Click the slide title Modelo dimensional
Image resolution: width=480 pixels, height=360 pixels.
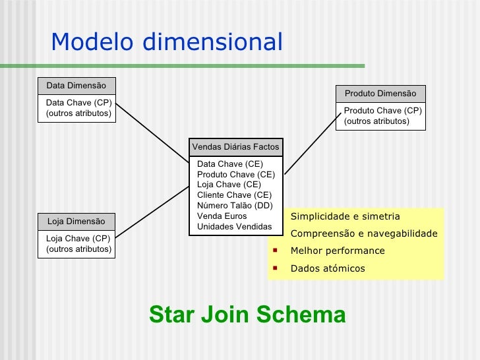pos(166,43)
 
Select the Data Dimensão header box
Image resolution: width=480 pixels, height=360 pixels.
pos(76,86)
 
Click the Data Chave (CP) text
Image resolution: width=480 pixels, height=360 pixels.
pos(78,103)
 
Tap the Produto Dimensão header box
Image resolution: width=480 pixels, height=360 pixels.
pos(380,94)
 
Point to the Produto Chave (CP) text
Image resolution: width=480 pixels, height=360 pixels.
pos(382,111)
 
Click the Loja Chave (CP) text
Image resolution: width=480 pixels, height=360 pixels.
pos(78,239)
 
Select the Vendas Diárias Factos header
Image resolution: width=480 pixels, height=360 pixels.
pos(235,147)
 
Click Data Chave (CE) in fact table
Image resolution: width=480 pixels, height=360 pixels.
pos(230,164)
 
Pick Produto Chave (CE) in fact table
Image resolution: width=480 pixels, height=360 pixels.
pos(236,175)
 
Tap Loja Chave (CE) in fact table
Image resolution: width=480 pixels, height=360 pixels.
pos(229,185)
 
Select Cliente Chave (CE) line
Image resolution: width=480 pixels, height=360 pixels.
pos(234,195)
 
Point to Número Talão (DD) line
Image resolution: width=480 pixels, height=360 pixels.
pos(235,206)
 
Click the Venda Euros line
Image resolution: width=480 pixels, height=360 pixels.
pos(222,216)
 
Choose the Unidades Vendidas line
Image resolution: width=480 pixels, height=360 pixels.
pos(235,227)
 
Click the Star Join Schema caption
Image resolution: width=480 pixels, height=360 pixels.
pos(247,315)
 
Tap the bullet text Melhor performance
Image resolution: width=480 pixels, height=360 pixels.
pos(338,251)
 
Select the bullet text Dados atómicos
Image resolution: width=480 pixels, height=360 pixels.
pos(328,269)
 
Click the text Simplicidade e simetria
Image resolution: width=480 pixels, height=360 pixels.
pos(345,217)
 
